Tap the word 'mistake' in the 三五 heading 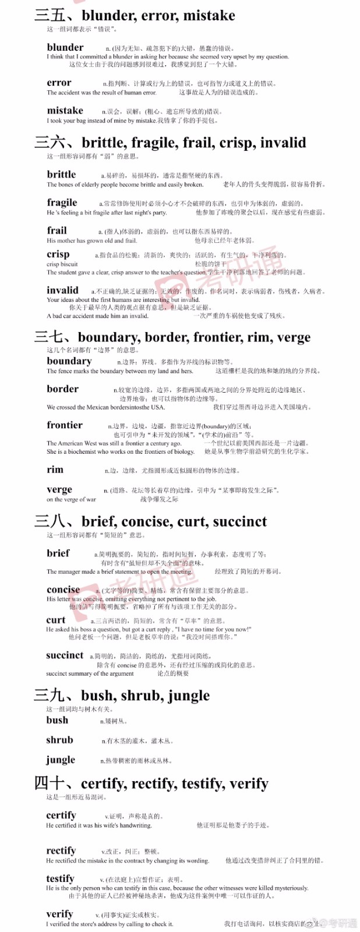(x=209, y=16)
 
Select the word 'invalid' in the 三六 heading (x=283, y=143)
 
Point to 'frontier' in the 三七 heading (x=217, y=338)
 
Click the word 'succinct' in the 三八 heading (x=239, y=522)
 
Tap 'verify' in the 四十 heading (x=248, y=784)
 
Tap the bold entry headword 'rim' (x=55, y=470)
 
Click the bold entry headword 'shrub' (x=59, y=740)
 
